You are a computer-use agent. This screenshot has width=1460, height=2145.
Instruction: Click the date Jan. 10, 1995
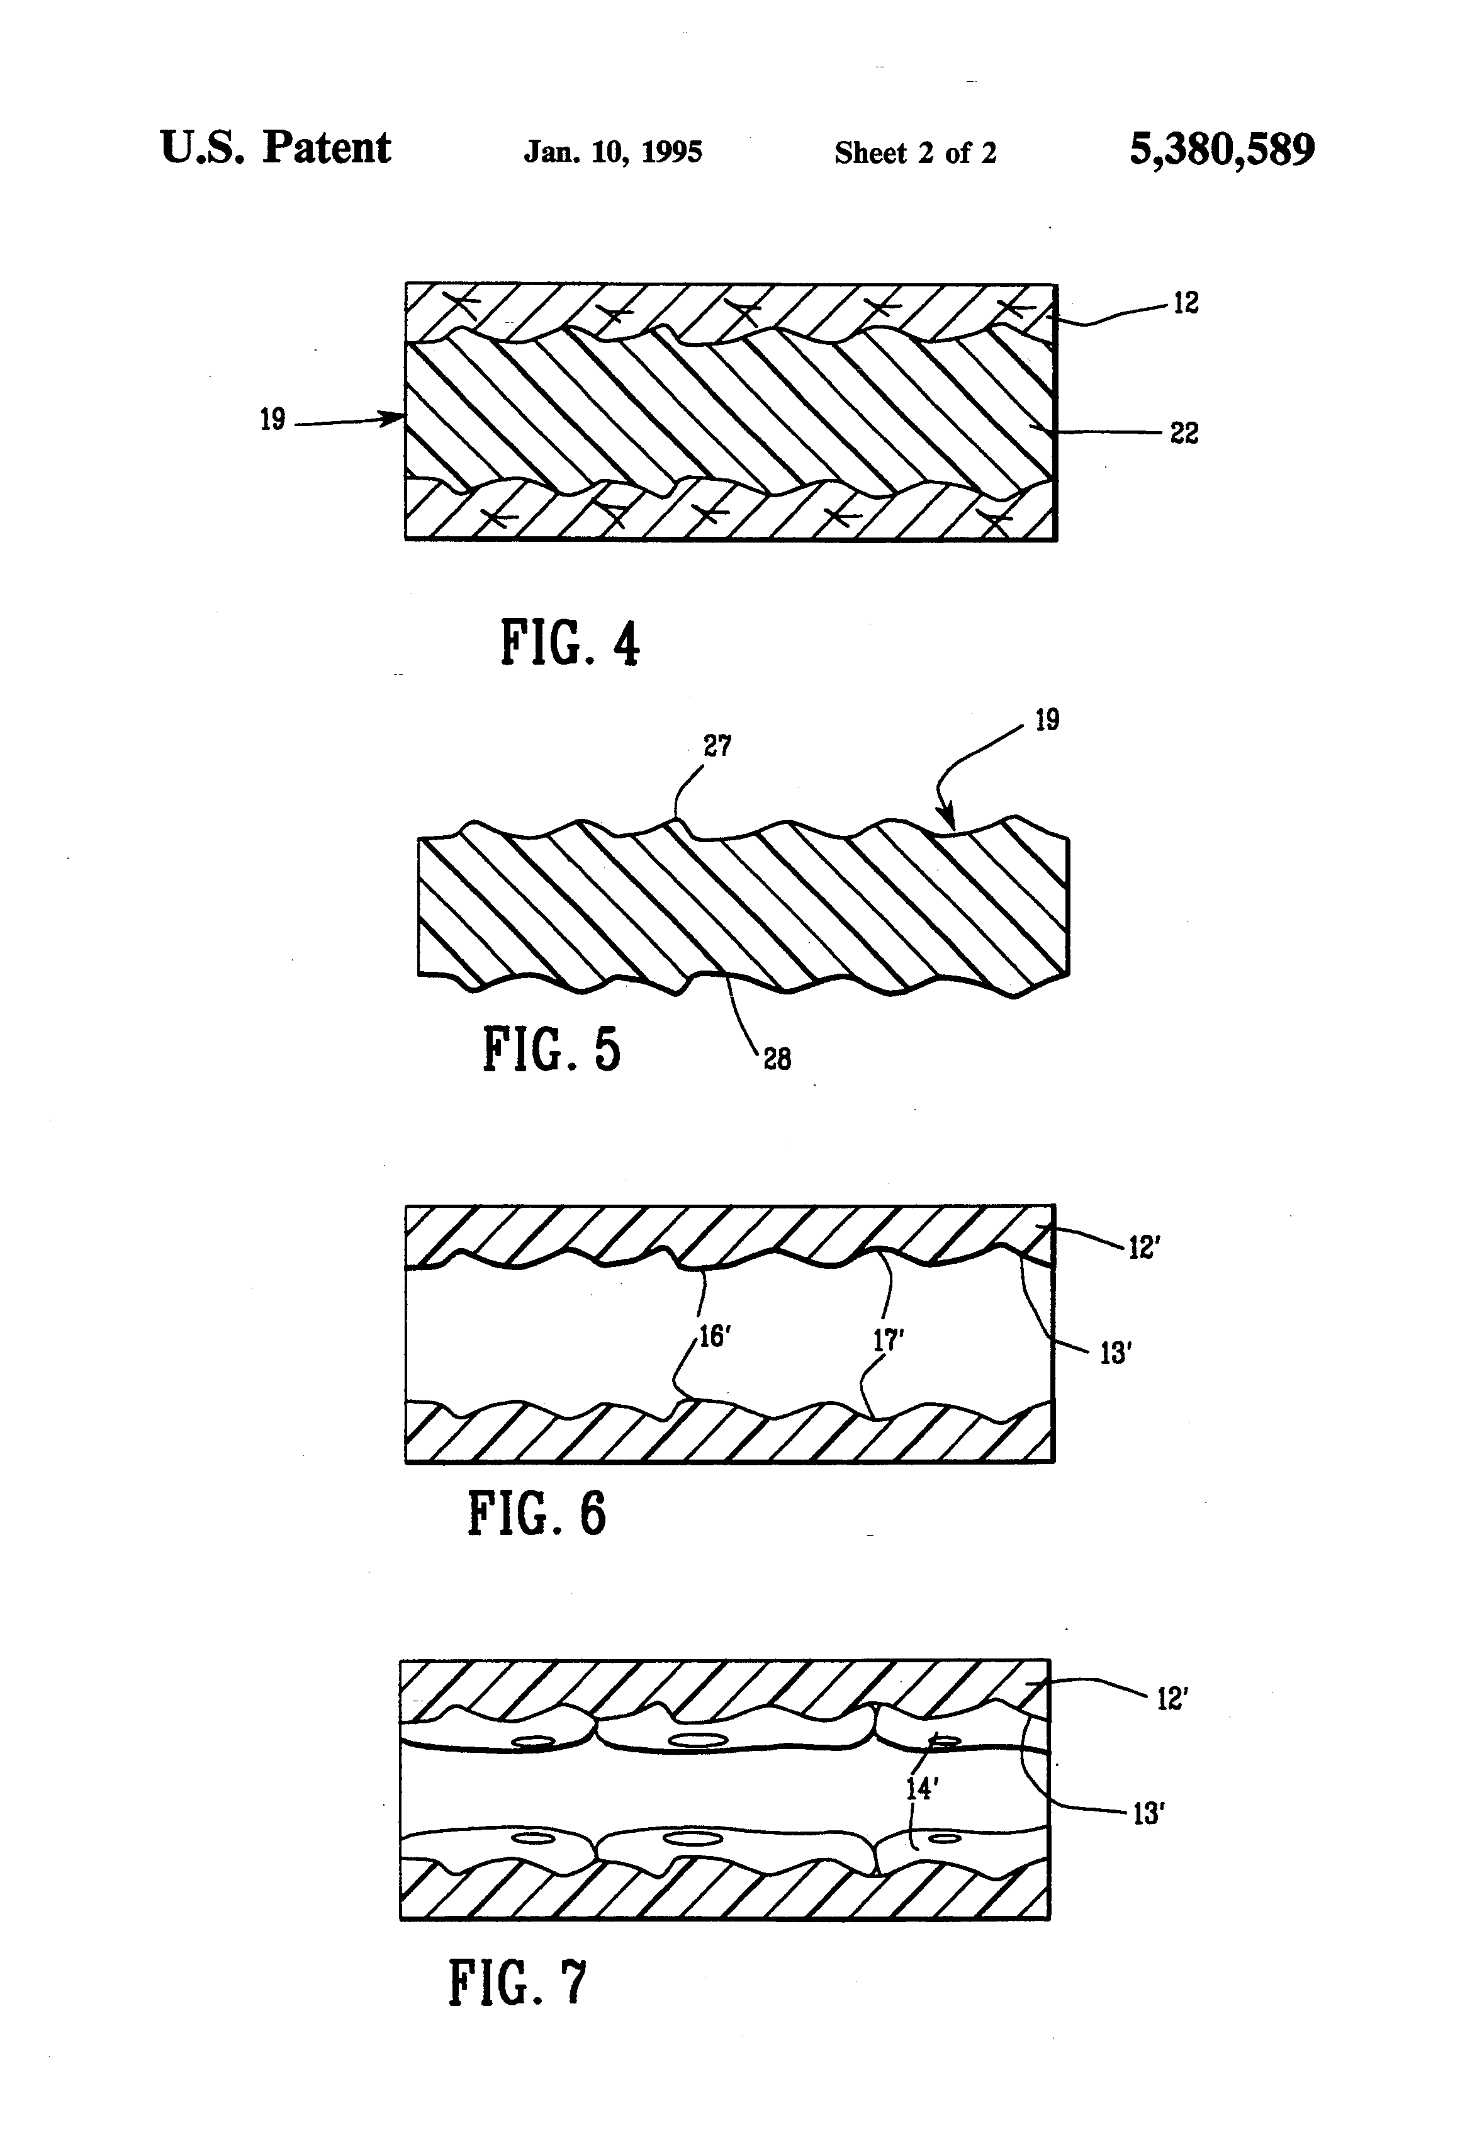(x=613, y=151)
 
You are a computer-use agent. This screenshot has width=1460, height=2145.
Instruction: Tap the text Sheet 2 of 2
(x=914, y=152)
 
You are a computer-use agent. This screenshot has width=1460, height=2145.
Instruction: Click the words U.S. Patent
(x=275, y=148)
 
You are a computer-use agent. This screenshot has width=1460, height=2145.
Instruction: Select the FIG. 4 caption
(x=570, y=643)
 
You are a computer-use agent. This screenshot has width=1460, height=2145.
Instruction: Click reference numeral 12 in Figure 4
(x=1185, y=303)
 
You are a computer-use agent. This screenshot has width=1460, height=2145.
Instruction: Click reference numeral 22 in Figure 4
(x=1184, y=433)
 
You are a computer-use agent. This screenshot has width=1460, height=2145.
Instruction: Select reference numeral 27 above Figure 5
(x=717, y=746)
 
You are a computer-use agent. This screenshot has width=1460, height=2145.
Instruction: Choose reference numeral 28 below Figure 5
(x=777, y=1059)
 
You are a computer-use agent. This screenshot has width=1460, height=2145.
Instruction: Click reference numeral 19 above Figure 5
(x=1047, y=720)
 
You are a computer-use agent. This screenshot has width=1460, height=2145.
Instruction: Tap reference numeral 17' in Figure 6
(x=888, y=1341)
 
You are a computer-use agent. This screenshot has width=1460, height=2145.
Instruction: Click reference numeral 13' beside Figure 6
(x=1116, y=1353)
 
